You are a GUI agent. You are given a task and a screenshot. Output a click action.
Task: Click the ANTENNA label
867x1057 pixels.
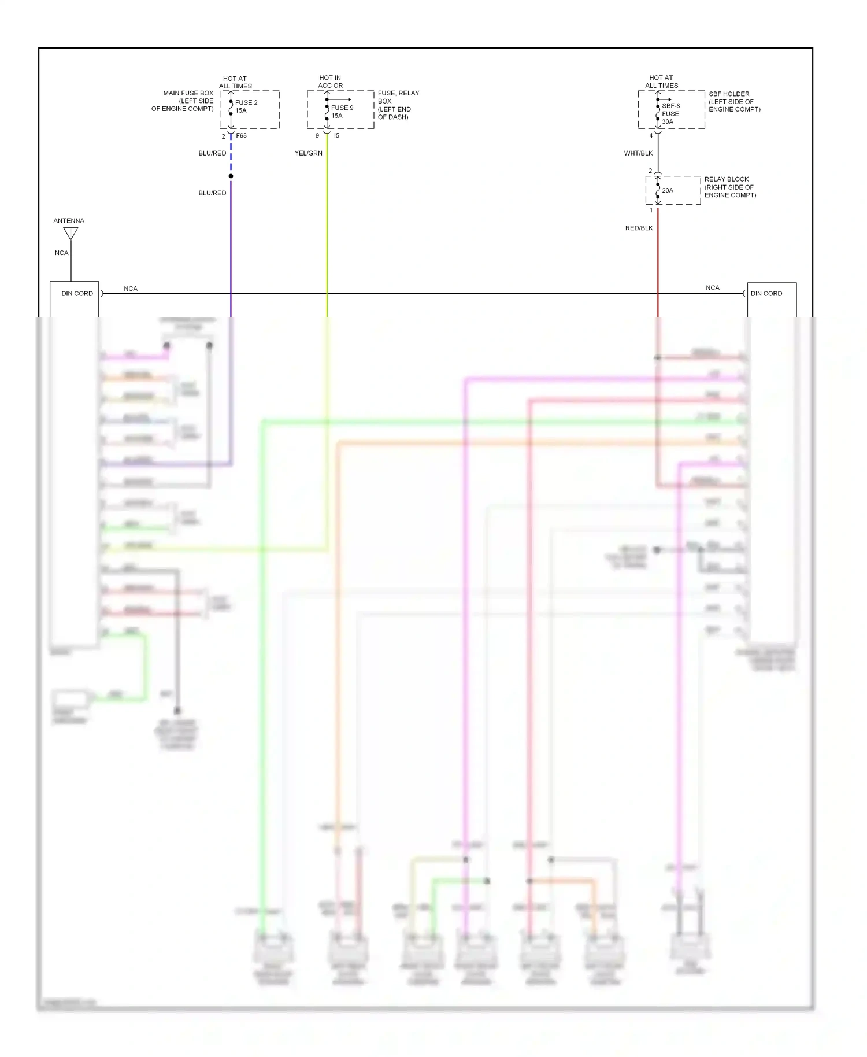coord(69,221)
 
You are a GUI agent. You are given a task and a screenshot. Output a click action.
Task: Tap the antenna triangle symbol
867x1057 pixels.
coord(71,233)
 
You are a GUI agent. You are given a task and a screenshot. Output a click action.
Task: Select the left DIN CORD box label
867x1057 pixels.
coord(77,294)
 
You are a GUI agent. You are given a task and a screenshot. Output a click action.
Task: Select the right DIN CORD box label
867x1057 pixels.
coord(766,294)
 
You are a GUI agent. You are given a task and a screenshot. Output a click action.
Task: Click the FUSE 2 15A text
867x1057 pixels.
coord(246,106)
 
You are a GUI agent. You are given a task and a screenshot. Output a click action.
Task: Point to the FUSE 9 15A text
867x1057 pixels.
coord(342,112)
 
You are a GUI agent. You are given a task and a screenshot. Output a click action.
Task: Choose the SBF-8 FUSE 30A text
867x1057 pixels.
coord(670,114)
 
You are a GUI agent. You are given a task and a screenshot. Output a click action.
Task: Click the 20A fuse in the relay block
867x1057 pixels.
coord(667,190)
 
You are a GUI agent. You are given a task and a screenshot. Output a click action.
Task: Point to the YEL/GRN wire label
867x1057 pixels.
coord(309,153)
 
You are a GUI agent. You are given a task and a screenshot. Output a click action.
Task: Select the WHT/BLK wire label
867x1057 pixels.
coord(638,153)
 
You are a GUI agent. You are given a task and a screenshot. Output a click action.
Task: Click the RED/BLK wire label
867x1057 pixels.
coord(639,228)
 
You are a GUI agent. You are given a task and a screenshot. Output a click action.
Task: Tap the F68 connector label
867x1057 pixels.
coord(241,136)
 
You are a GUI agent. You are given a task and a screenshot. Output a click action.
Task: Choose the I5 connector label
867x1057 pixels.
coord(336,136)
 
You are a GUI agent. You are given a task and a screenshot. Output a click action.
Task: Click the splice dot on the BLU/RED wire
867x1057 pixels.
coord(231,176)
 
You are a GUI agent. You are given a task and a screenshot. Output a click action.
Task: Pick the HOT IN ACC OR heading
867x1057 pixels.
coord(330,82)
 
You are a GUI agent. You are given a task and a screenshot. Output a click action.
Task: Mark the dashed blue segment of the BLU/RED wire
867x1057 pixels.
coord(231,155)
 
